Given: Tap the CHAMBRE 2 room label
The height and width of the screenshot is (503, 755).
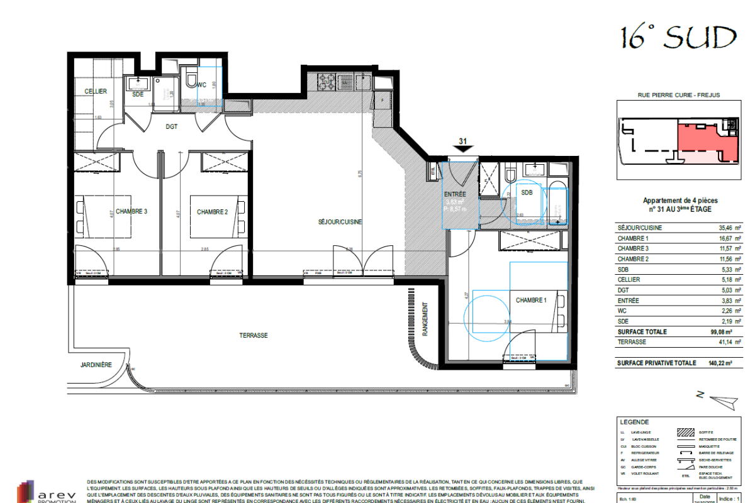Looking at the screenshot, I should [212, 212].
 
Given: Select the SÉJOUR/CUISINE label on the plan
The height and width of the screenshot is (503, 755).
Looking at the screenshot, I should [340, 222].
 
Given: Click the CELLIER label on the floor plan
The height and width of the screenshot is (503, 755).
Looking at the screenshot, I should [96, 92].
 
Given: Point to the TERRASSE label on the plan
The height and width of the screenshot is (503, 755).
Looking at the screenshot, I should [253, 335].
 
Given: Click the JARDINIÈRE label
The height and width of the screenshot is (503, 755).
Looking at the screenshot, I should [96, 364].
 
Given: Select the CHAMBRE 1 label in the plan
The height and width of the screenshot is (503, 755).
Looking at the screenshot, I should [532, 301].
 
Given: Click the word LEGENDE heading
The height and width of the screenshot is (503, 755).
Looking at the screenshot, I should [634, 423].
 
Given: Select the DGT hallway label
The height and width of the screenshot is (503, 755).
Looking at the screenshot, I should [171, 126].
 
